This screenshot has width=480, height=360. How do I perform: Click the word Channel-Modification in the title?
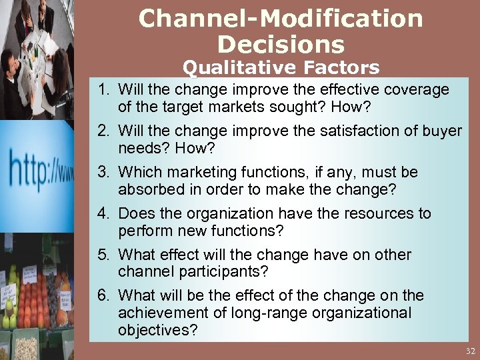coord(281,19)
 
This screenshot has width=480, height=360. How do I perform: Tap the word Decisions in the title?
coord(281,45)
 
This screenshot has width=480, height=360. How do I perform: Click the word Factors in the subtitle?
coord(343,67)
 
